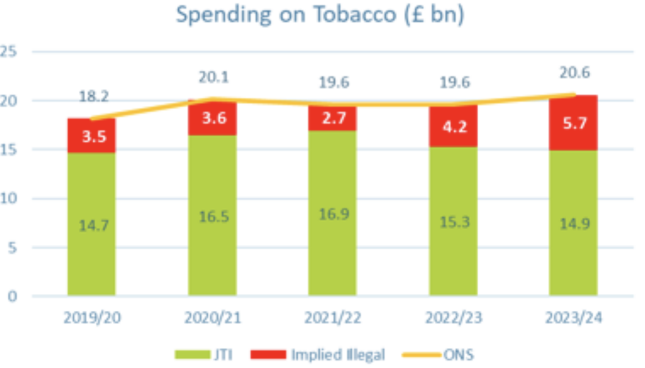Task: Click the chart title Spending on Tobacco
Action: [x=319, y=14]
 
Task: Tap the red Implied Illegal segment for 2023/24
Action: [x=573, y=123]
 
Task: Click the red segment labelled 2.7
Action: [x=332, y=118]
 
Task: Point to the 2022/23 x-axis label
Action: [x=453, y=318]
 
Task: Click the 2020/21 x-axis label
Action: [x=212, y=318]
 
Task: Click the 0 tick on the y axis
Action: [x=11, y=296]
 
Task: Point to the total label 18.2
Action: [x=91, y=97]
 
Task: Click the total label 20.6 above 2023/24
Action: [x=573, y=74]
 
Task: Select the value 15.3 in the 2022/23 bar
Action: [x=453, y=221]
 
